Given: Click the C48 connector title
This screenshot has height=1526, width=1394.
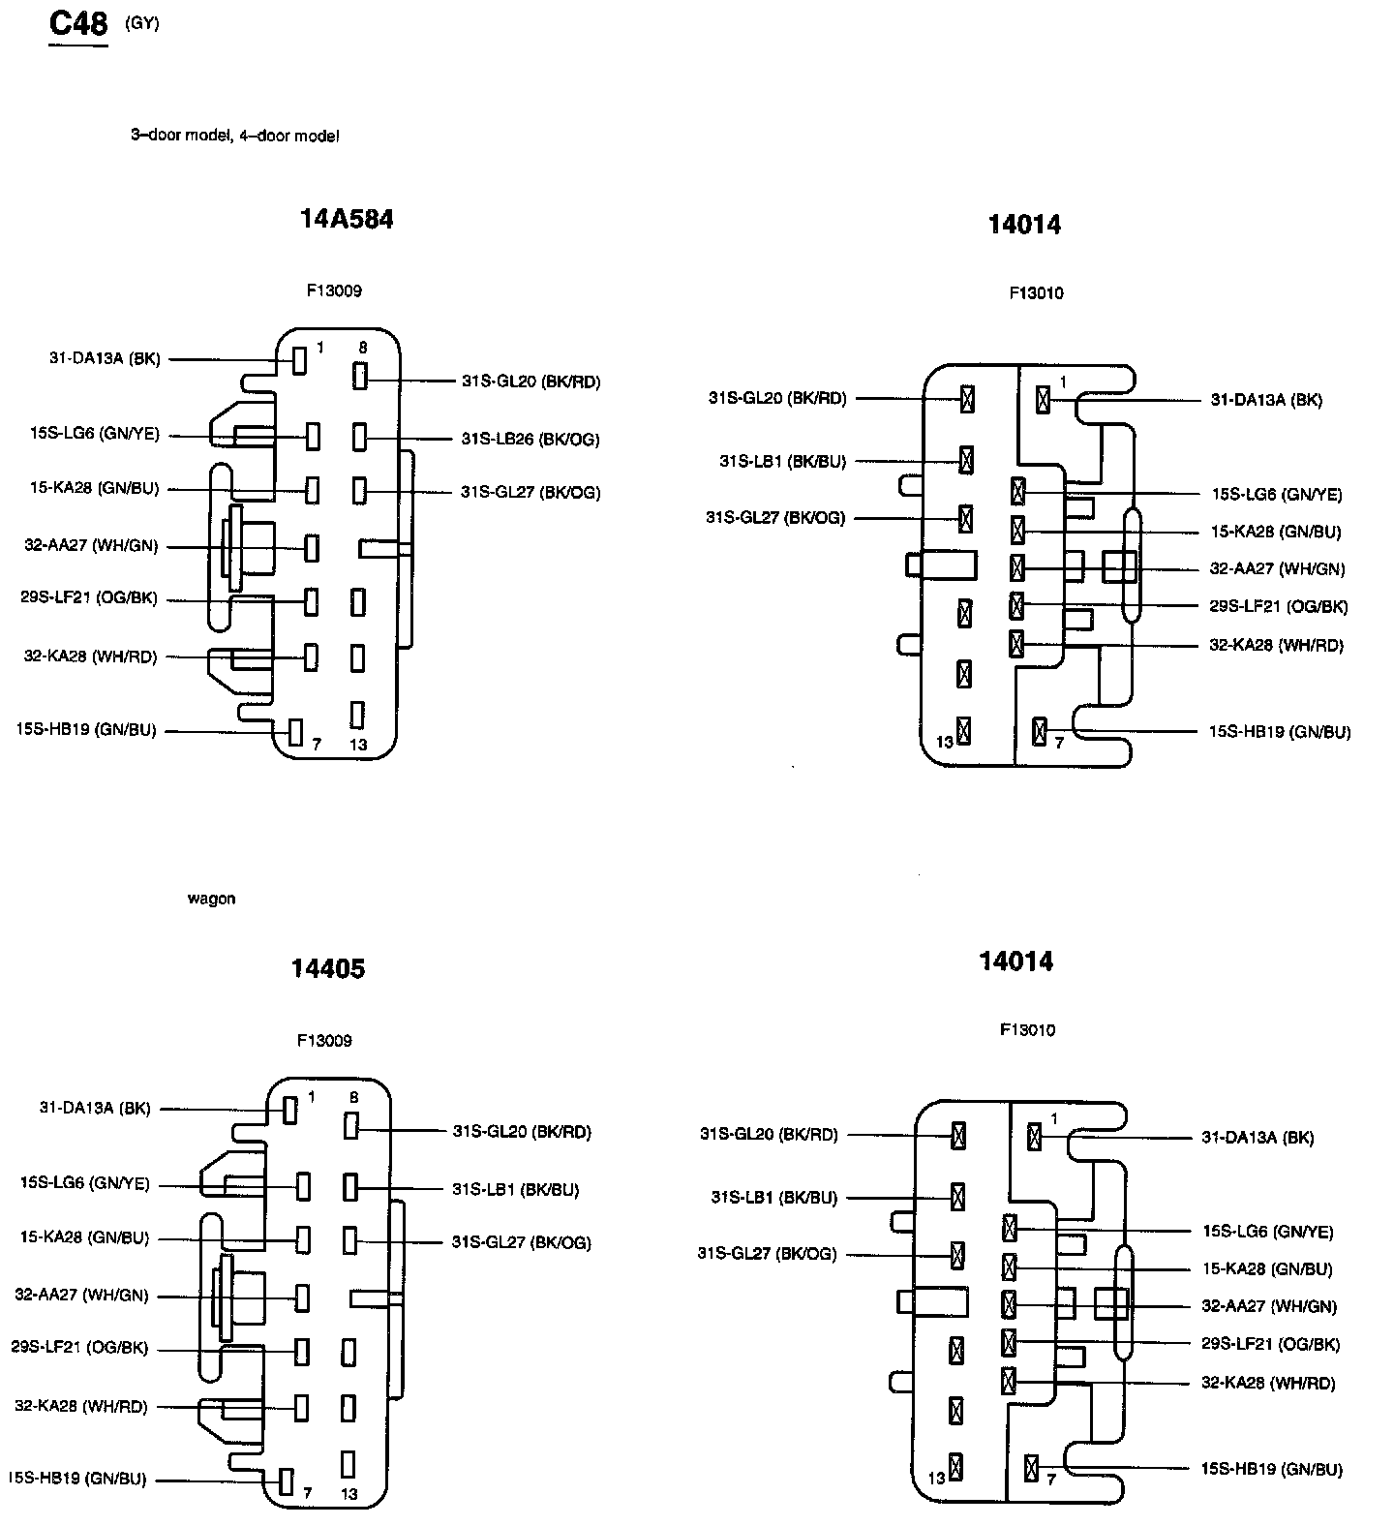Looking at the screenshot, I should click(78, 24).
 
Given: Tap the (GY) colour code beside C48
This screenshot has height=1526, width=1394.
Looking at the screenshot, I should click(142, 24).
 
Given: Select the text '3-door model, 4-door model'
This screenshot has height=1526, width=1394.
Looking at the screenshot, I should click(235, 137).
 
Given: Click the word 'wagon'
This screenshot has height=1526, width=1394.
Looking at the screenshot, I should click(211, 900).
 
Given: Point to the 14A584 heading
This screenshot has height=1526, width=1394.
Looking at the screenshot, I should click(347, 220).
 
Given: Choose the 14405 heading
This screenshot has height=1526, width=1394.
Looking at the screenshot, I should click(328, 969).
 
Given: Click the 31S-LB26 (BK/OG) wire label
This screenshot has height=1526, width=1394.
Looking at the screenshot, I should click(530, 440).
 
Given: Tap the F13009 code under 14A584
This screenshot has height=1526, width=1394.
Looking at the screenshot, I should click(334, 290).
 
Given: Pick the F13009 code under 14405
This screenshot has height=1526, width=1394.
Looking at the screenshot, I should click(324, 1041).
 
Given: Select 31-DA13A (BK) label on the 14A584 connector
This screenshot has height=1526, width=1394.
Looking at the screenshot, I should click(105, 359).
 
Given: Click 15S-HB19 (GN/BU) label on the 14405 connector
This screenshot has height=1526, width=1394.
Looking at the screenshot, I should click(76, 1479).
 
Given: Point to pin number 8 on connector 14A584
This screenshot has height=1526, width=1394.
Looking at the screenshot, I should click(362, 347).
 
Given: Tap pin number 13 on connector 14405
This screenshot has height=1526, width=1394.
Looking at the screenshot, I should click(348, 1494).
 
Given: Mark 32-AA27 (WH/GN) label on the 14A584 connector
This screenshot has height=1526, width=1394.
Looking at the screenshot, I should click(91, 546).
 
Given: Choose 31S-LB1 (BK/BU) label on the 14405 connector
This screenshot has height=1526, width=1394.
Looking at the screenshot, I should click(515, 1189).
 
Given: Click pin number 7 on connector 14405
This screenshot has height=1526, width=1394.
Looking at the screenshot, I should click(307, 1494).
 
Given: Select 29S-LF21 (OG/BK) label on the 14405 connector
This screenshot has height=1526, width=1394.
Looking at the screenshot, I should click(79, 1348).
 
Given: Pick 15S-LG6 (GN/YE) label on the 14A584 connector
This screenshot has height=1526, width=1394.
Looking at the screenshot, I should click(94, 435).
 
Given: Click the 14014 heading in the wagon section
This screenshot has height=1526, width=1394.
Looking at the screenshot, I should click(1015, 961).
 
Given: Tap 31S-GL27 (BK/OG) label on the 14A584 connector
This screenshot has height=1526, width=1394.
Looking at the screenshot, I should click(530, 493).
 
